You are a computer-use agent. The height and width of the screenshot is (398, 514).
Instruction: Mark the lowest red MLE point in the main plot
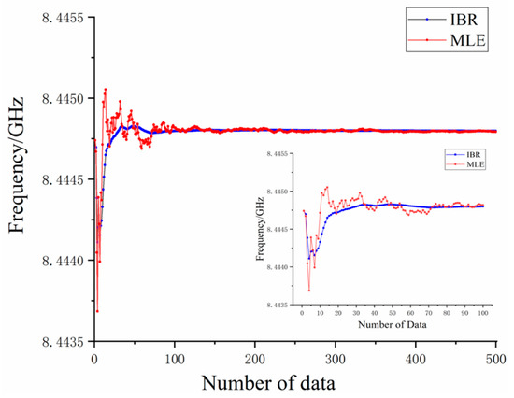97,311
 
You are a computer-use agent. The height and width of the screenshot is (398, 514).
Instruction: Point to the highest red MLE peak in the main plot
105,90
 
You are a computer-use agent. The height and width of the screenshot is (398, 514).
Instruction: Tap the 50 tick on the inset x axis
393,313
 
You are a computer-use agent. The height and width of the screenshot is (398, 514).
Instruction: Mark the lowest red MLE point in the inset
309,291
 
